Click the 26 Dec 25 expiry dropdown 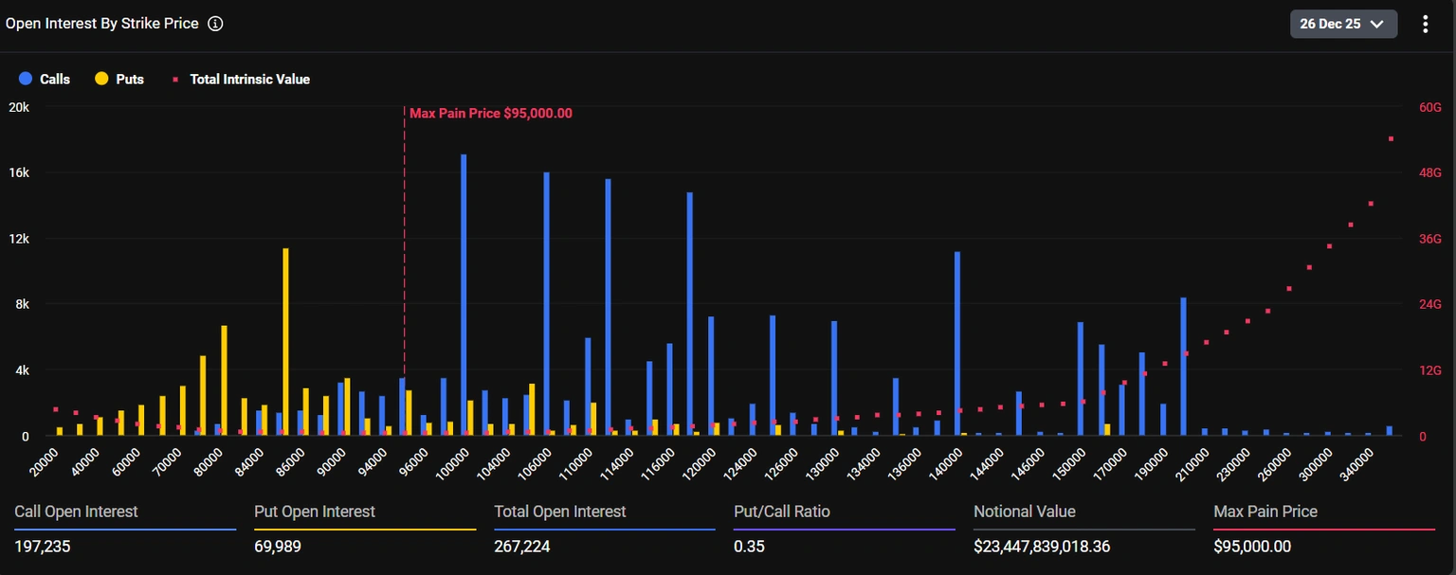point(1343,24)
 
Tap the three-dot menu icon point(1425,24)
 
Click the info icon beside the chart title point(215,24)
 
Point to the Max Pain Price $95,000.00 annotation point(490,114)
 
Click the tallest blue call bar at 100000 point(464,294)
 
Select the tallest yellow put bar point(285,341)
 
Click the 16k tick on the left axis point(18,173)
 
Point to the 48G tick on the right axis point(1429,173)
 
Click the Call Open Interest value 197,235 point(43,547)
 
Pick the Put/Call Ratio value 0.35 point(749,547)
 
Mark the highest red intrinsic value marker point(1391,139)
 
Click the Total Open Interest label point(559,512)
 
